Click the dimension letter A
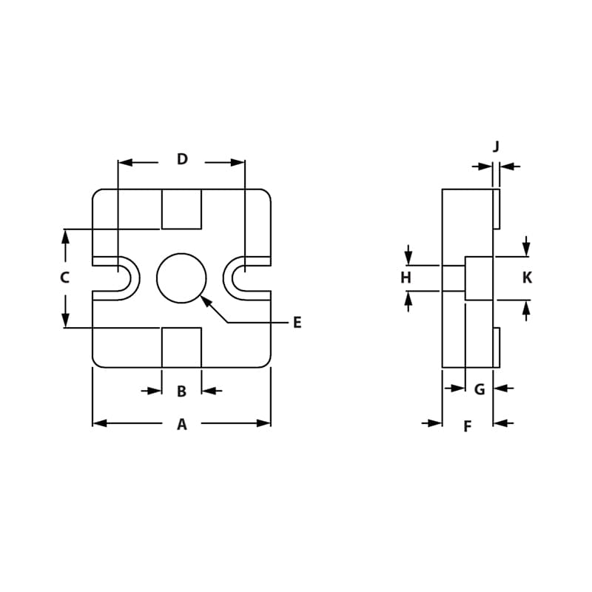point(181,425)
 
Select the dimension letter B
point(181,391)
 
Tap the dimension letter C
point(65,278)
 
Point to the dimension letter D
point(182,159)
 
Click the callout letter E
point(297,323)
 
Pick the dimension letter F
point(467,426)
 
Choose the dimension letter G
point(480,389)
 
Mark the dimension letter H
point(406,278)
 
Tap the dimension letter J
point(497,147)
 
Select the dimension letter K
point(527,278)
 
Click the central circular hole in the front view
point(181,278)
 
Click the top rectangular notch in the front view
point(181,209)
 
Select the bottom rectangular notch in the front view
point(181,347)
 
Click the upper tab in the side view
point(497,209)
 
